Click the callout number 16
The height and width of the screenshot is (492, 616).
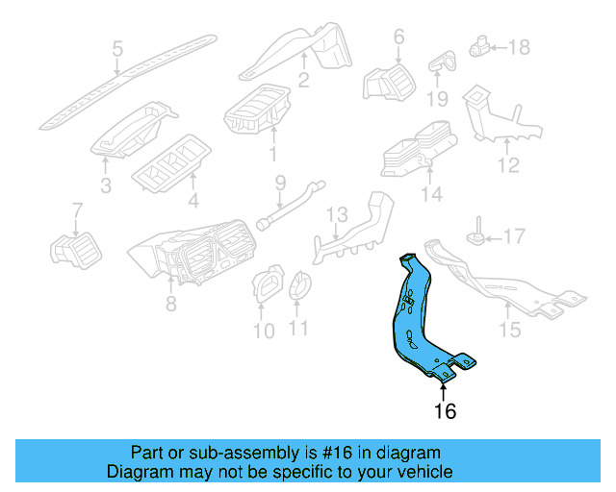[x=444, y=412]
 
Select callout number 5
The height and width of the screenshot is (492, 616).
[x=117, y=48]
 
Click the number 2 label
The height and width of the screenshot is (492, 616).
[x=302, y=82]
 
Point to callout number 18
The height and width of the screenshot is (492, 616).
[x=519, y=46]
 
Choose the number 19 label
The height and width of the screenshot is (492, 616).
[x=438, y=99]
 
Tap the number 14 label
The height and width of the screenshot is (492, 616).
[x=430, y=195]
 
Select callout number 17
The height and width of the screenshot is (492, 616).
[x=515, y=234]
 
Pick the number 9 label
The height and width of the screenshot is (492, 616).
[x=281, y=182]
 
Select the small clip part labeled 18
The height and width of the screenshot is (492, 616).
[x=478, y=45]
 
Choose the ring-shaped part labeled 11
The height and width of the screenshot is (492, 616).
[x=299, y=284]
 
